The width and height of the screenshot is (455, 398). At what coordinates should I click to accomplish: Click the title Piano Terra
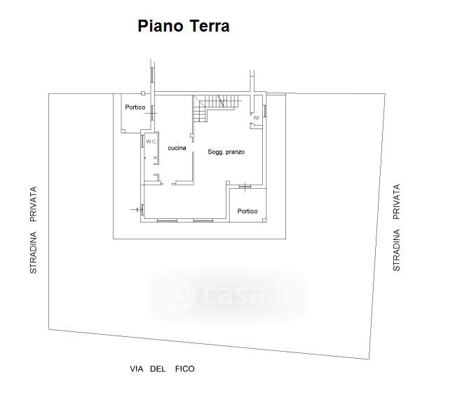tap(183, 27)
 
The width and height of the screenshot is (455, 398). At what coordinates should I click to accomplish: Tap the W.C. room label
tap(151, 142)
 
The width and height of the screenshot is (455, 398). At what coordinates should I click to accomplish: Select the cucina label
tap(177, 147)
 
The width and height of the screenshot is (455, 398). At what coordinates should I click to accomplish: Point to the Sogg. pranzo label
tap(225, 152)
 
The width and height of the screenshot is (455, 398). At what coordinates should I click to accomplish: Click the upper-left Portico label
tap(135, 107)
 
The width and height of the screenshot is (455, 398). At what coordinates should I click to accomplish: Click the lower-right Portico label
tap(247, 211)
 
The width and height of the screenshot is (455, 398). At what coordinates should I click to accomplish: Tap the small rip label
tap(256, 117)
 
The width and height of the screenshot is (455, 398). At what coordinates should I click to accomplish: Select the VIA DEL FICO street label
tap(162, 369)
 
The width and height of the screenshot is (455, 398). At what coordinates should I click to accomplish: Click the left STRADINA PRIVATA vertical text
tap(33, 230)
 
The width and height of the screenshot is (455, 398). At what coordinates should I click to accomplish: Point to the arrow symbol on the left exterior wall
tap(135, 209)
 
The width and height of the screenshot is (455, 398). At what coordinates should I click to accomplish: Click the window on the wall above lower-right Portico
tap(245, 186)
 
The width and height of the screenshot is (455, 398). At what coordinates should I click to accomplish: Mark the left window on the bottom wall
tap(167, 221)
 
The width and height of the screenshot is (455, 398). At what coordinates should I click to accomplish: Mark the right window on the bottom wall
tap(203, 221)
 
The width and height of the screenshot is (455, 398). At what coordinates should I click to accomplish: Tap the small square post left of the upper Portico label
tap(142, 93)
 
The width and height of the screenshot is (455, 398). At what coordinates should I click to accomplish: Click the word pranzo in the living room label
tap(235, 152)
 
